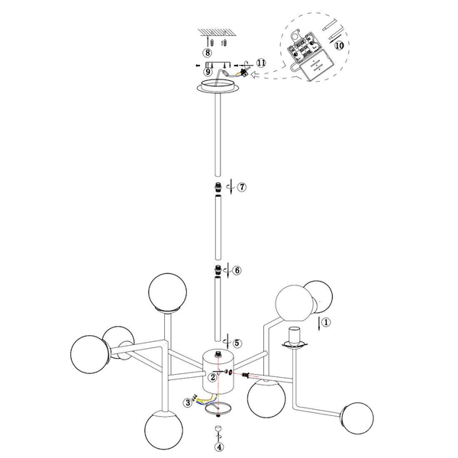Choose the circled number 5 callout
pos(237,343)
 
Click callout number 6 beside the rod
pos(237,270)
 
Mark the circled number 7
pos(240,187)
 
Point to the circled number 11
pos(260,64)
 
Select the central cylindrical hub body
pos(219,369)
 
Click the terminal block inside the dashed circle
pos(310,50)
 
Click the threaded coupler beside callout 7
pos(218,187)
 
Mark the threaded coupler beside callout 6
pos(218,271)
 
